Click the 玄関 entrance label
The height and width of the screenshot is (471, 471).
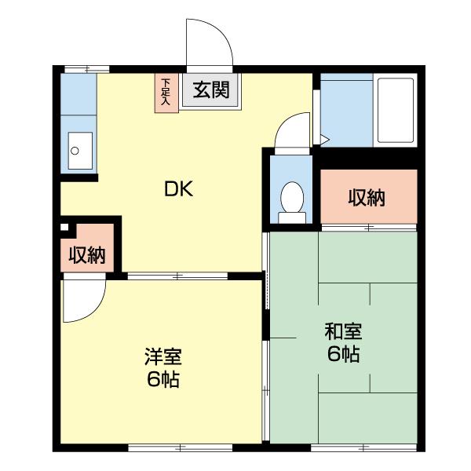211,89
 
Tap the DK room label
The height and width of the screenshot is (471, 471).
178,188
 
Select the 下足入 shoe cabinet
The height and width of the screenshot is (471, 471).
166,93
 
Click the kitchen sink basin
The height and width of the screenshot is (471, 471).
79,150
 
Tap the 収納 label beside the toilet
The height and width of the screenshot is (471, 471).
367,198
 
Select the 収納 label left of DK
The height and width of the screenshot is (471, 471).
87,255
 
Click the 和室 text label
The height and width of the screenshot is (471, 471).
343,330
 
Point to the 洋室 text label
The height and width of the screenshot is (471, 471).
162,357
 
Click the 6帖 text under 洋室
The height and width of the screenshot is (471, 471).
162,380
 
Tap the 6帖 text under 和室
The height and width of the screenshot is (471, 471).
343,354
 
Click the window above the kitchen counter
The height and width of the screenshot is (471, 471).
86,69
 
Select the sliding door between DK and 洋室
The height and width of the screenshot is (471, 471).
177,276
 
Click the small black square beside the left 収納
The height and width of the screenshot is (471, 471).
65,228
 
